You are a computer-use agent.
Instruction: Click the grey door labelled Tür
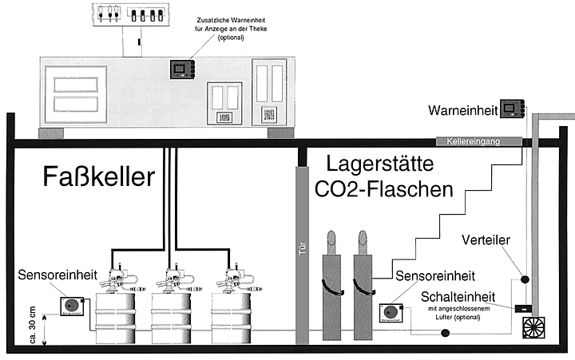click(x=301, y=255)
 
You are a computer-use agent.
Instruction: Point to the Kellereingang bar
click(x=478, y=141)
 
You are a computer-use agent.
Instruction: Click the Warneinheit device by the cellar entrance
click(x=512, y=108)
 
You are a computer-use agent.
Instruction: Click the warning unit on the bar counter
click(x=183, y=69)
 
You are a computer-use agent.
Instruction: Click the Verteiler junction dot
click(x=525, y=280)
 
